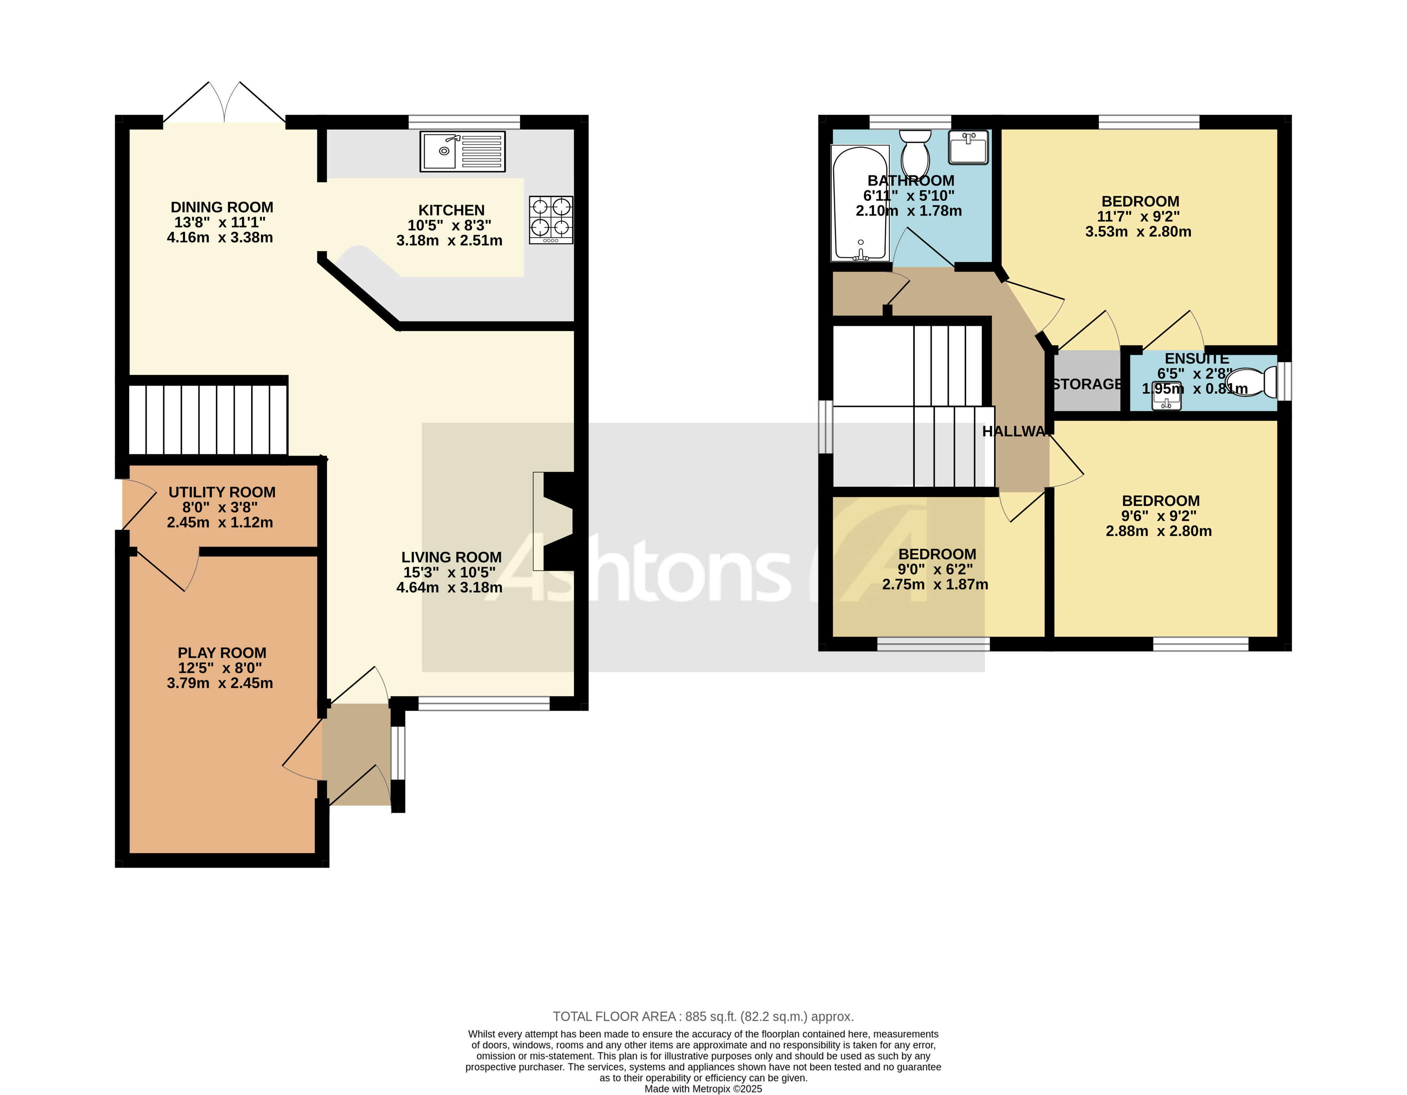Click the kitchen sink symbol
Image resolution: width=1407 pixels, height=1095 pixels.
coord(462,151)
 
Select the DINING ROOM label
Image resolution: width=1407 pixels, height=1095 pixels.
coord(221,207)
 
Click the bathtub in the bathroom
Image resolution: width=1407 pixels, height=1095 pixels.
coord(859,203)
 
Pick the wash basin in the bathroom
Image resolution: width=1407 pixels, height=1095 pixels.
coord(968,147)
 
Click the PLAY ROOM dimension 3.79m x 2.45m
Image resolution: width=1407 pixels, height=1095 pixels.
coord(220,683)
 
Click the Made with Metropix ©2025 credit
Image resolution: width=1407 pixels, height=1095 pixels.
coord(703,1089)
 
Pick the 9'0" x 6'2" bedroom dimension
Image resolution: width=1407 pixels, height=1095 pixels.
coord(935,569)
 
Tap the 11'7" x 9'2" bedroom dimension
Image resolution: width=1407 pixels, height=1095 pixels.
coord(1138,216)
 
